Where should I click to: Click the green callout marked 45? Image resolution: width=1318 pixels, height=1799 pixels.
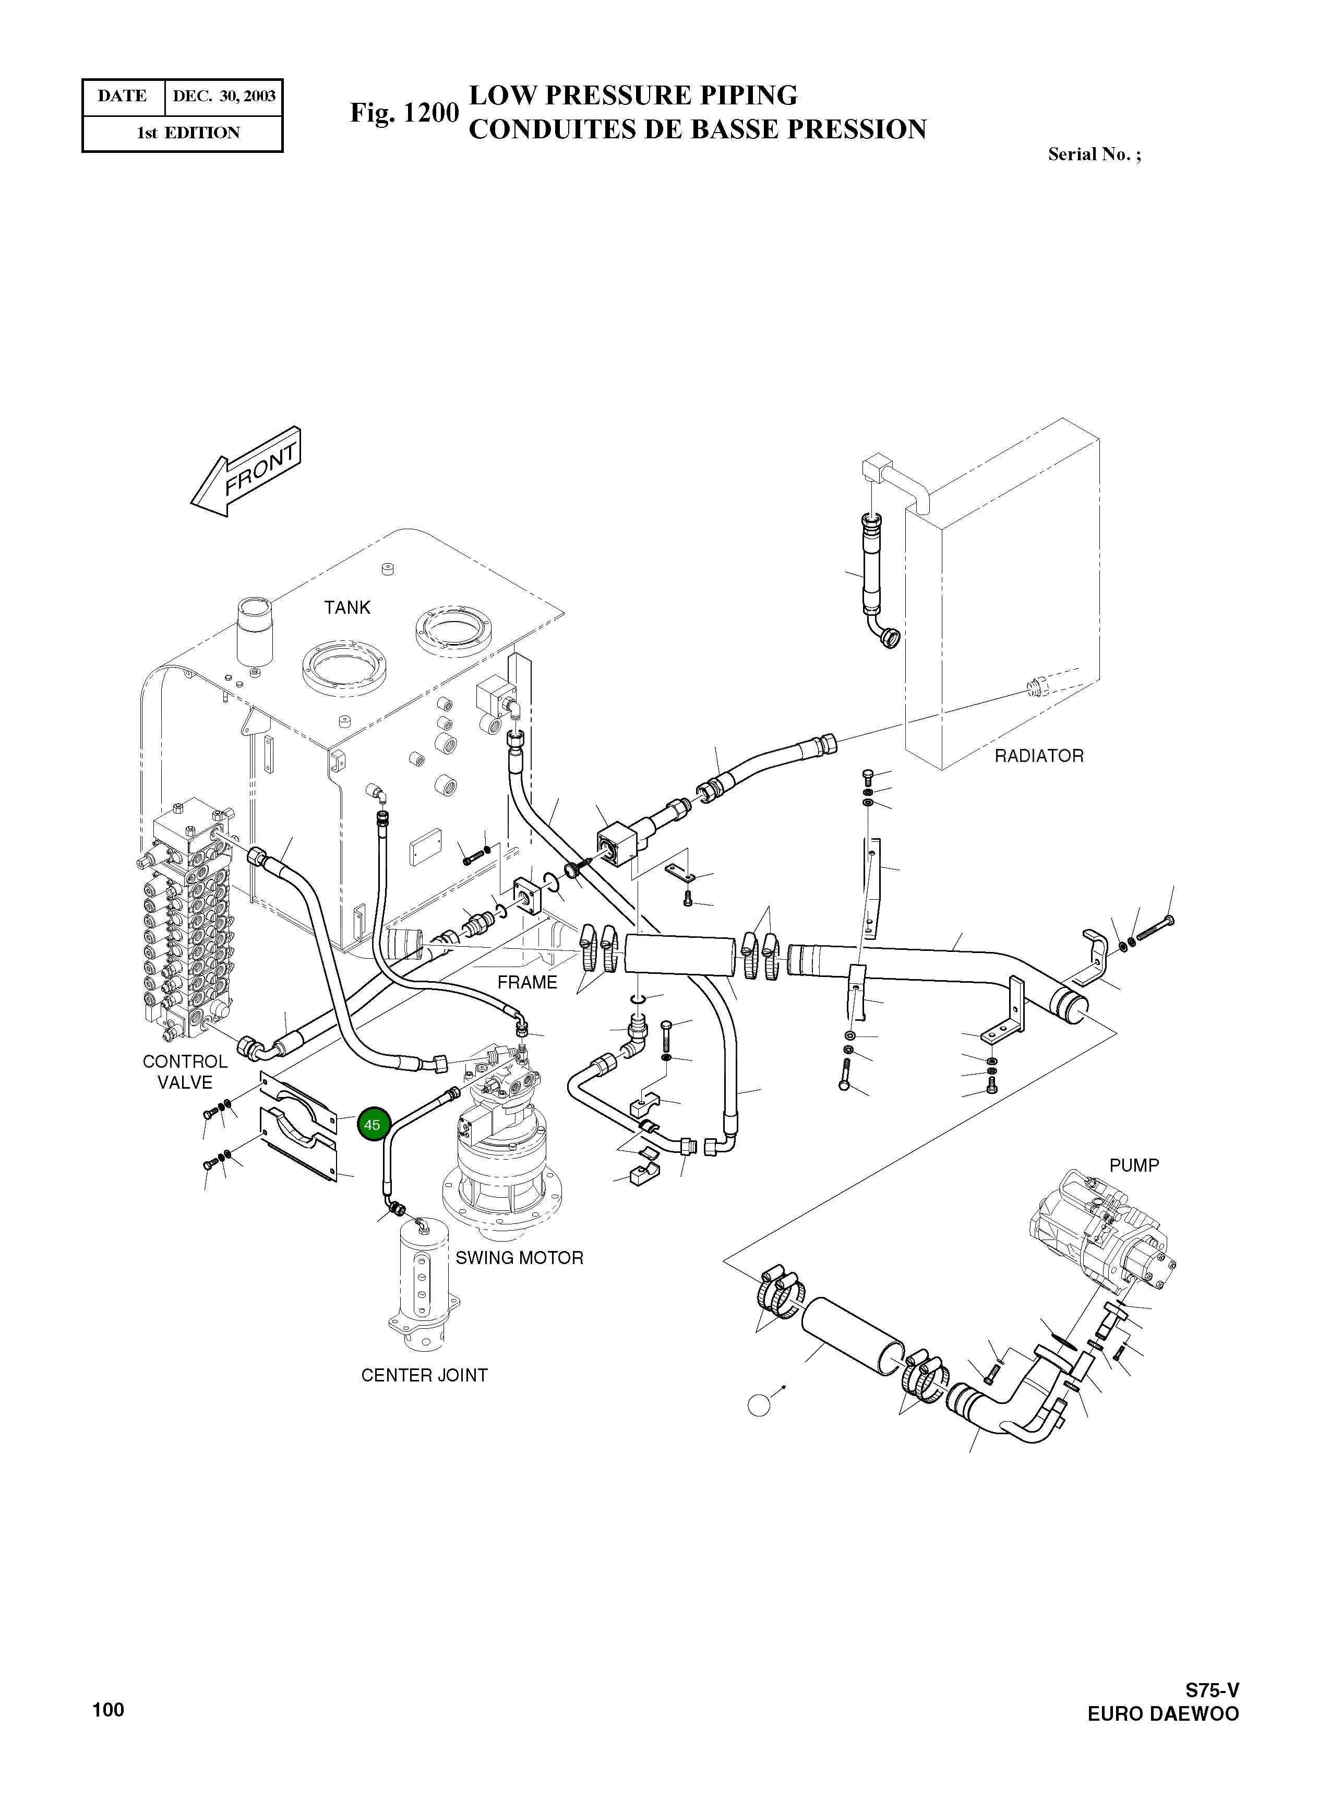(x=372, y=1125)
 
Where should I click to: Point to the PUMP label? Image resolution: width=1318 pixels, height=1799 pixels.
(x=1134, y=1165)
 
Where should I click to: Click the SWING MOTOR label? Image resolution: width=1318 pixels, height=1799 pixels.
(x=519, y=1258)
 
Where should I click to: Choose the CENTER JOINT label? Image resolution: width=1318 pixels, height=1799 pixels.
(x=424, y=1375)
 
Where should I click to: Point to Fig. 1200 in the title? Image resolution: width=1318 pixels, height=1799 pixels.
(x=404, y=113)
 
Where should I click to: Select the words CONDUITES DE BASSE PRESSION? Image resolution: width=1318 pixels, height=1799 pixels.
(x=697, y=129)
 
